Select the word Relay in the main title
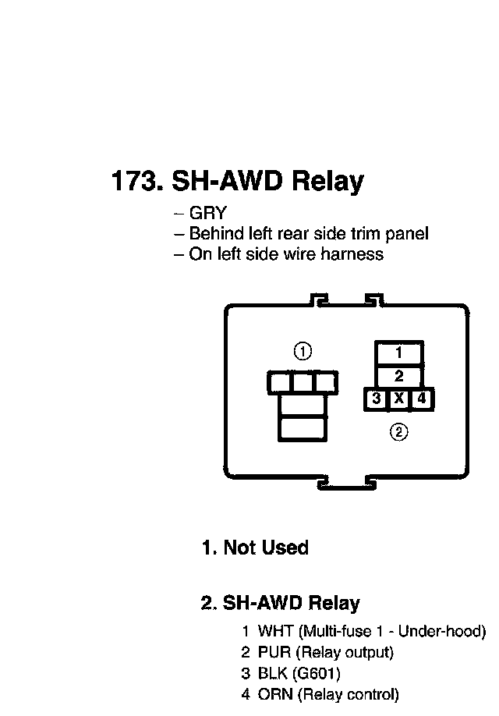(x=327, y=182)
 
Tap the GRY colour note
(x=207, y=213)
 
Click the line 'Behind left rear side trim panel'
(x=308, y=233)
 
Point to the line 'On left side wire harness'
(x=285, y=253)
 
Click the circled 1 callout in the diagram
(x=303, y=351)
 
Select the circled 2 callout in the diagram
(x=398, y=431)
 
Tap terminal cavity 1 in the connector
(x=398, y=352)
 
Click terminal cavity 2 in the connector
(x=398, y=375)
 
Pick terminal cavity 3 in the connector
(x=377, y=399)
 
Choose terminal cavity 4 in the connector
(x=422, y=399)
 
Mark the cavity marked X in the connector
(x=399, y=399)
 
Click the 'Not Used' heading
(x=265, y=548)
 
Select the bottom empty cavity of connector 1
(x=303, y=429)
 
